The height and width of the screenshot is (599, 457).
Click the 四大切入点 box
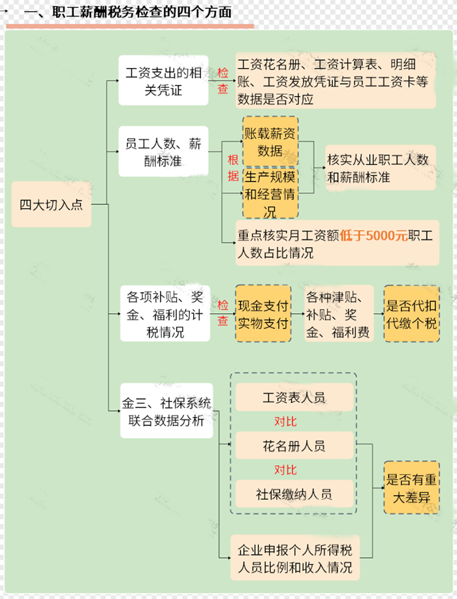tap(52, 205)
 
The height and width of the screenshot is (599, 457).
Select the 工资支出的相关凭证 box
tap(163, 80)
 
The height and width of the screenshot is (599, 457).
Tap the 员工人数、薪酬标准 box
tap(163, 151)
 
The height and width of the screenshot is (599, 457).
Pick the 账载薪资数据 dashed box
tap(270, 142)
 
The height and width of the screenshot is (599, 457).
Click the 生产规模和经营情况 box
tap(270, 194)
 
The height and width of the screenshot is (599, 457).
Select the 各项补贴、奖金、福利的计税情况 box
tap(165, 313)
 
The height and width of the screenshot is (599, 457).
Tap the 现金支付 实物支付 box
tap(263, 314)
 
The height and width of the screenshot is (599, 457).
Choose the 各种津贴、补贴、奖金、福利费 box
tap(338, 315)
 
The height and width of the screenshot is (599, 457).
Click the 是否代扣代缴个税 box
tap(411, 314)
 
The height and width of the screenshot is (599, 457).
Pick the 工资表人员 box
tap(294, 397)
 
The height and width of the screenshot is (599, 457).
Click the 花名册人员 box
tap(294, 446)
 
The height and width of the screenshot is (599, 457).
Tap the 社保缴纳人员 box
tap(294, 494)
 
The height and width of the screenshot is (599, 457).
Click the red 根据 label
tap(232, 168)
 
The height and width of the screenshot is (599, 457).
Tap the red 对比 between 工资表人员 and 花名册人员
tap(285, 422)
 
